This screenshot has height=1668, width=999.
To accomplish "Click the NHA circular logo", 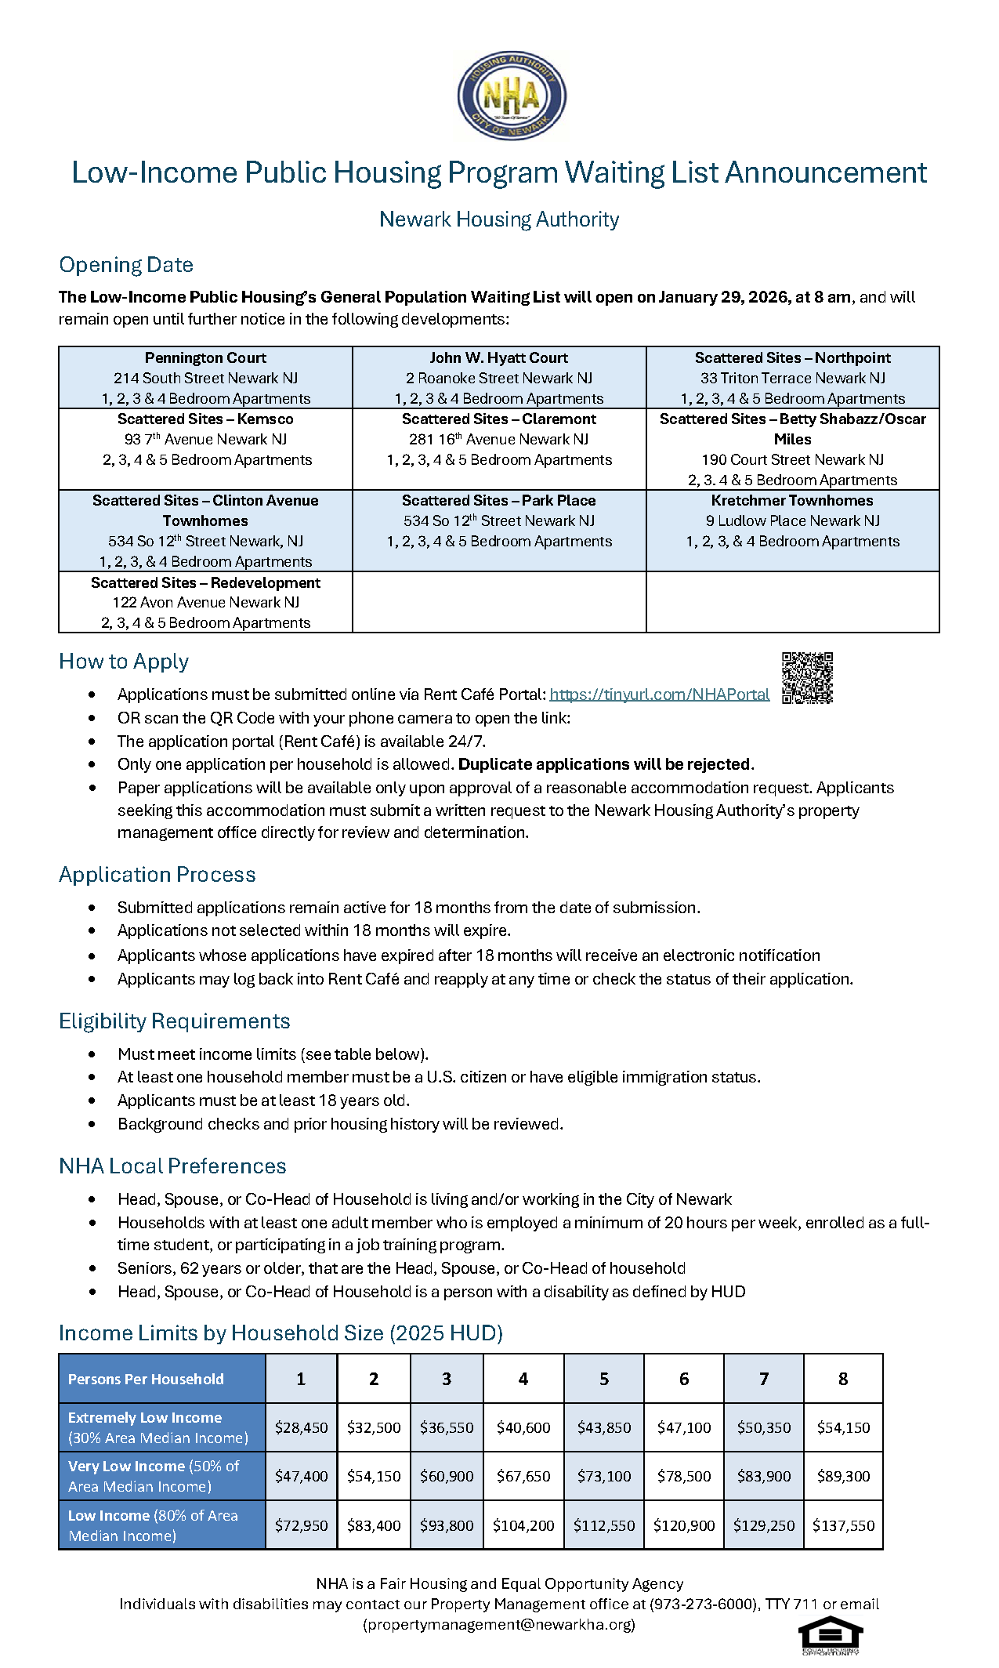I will tap(512, 97).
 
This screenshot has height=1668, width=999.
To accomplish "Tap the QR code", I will tap(807, 677).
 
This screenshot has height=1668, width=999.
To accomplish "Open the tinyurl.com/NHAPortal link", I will tap(659, 694).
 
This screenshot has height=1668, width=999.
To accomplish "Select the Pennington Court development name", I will tap(205, 358).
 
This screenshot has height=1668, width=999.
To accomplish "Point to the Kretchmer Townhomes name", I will tap(792, 501).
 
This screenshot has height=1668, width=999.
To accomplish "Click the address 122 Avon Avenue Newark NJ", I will tap(205, 603).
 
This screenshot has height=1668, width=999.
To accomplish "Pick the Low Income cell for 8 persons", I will tap(843, 1525).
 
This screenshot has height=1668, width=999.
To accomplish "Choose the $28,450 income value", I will tap(301, 1427).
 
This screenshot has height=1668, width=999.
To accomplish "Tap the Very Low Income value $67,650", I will tap(523, 1476).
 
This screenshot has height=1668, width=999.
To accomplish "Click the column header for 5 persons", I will tap(604, 1379).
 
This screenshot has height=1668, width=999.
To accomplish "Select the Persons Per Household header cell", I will tap(146, 1379).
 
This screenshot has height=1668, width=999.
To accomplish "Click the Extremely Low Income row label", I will tap(157, 1427).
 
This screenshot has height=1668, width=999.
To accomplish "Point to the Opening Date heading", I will tap(126, 265).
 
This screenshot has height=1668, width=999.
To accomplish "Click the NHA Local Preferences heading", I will tap(172, 1166).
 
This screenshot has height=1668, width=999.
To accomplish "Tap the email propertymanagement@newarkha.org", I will tap(499, 1624).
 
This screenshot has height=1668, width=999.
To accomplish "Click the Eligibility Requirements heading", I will tap(175, 1021).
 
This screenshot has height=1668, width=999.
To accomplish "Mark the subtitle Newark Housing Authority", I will tap(499, 219).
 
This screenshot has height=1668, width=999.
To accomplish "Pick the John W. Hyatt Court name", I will tap(498, 358).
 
